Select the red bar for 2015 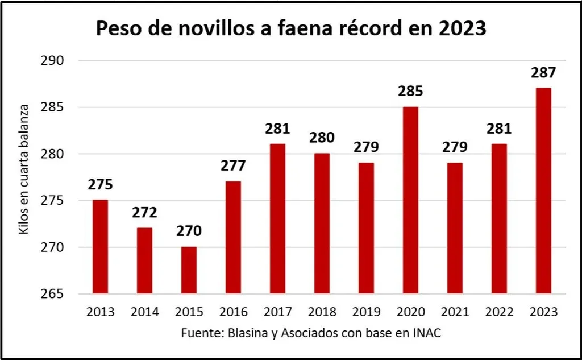pyautogui.click(x=189, y=271)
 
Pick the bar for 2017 pyautogui.click(x=277, y=219)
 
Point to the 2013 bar pyautogui.click(x=100, y=247)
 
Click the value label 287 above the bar pyautogui.click(x=543, y=73)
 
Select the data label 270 pyautogui.click(x=189, y=232)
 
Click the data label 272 pyautogui.click(x=144, y=213)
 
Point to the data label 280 pyautogui.click(x=322, y=138)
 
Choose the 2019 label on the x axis pyautogui.click(x=366, y=312)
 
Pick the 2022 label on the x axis pyautogui.click(x=499, y=312)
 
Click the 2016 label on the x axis pyautogui.click(x=233, y=312)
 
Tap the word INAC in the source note pyautogui.click(x=426, y=333)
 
